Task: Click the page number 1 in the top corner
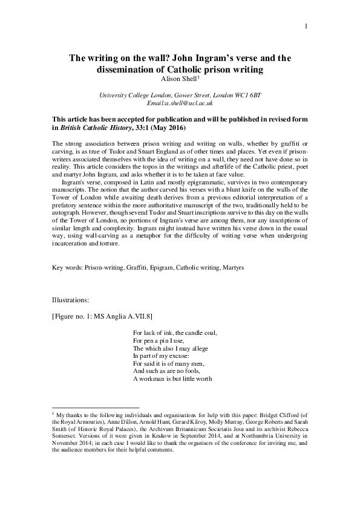point(307,26)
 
